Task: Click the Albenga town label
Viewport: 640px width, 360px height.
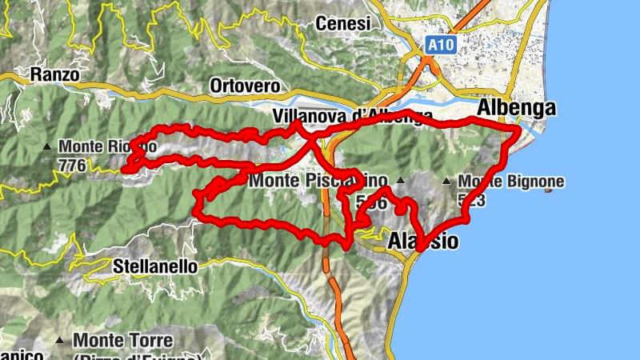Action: coord(516,109)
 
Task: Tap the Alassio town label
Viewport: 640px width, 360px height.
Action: coord(423,241)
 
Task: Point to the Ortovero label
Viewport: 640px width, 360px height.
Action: coord(244,85)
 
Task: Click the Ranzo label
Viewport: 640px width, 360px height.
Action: coord(54,75)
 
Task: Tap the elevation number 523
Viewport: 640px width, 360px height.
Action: coord(472,199)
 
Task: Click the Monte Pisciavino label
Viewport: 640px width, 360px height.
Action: coord(318,182)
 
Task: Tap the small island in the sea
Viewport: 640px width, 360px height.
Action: coord(547,190)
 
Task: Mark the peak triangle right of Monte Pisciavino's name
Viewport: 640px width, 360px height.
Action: coord(402,182)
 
